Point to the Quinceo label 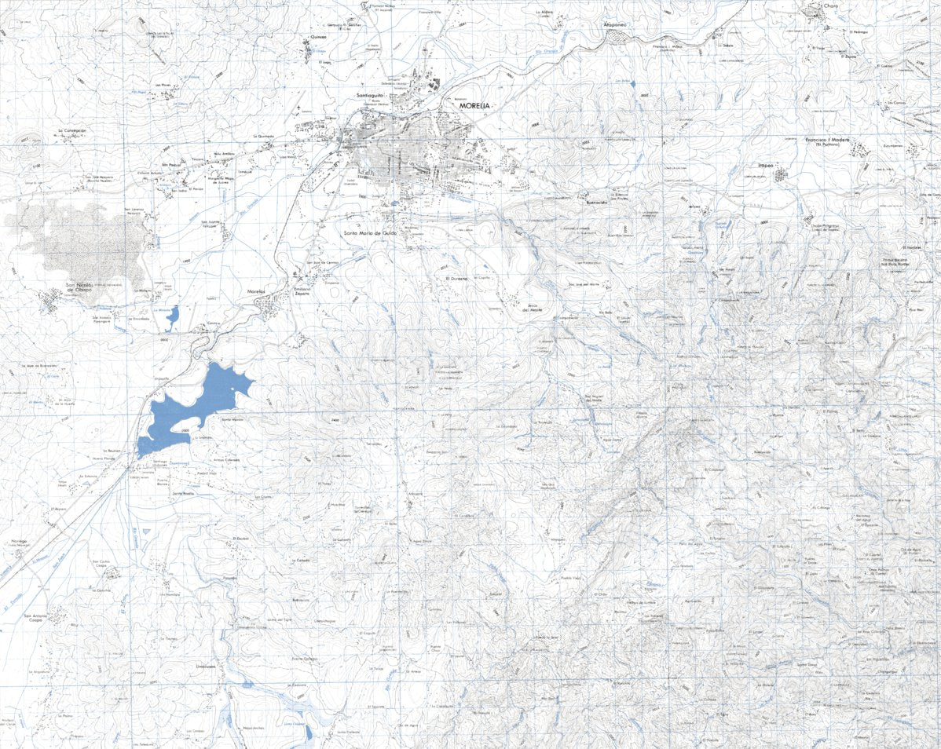tap(318, 36)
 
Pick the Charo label tap(831, 7)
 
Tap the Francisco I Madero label tap(828, 141)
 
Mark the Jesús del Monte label tap(533, 307)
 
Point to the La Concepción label tap(71, 130)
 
